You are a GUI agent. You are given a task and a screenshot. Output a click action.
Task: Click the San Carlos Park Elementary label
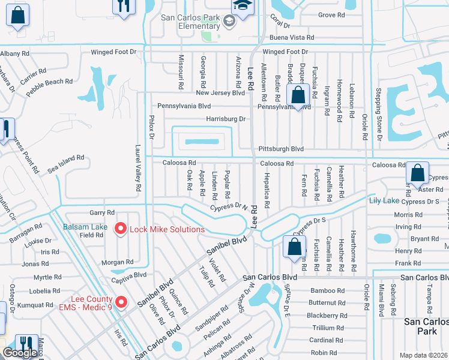[190, 22]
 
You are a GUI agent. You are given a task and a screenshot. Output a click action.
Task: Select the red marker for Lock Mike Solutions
[120, 229]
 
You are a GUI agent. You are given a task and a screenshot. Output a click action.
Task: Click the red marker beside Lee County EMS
[121, 301]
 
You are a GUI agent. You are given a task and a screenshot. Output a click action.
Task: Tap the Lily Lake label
[384, 200]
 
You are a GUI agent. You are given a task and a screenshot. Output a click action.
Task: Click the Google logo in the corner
[20, 353]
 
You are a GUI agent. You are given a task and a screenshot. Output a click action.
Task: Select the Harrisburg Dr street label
[226, 119]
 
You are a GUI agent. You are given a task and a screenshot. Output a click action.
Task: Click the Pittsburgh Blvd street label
[281, 148]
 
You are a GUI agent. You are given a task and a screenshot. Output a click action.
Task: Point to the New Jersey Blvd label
[220, 93]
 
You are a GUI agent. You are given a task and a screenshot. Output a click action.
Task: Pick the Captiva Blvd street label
[128, 275]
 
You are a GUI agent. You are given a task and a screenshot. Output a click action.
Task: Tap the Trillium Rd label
[329, 328]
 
